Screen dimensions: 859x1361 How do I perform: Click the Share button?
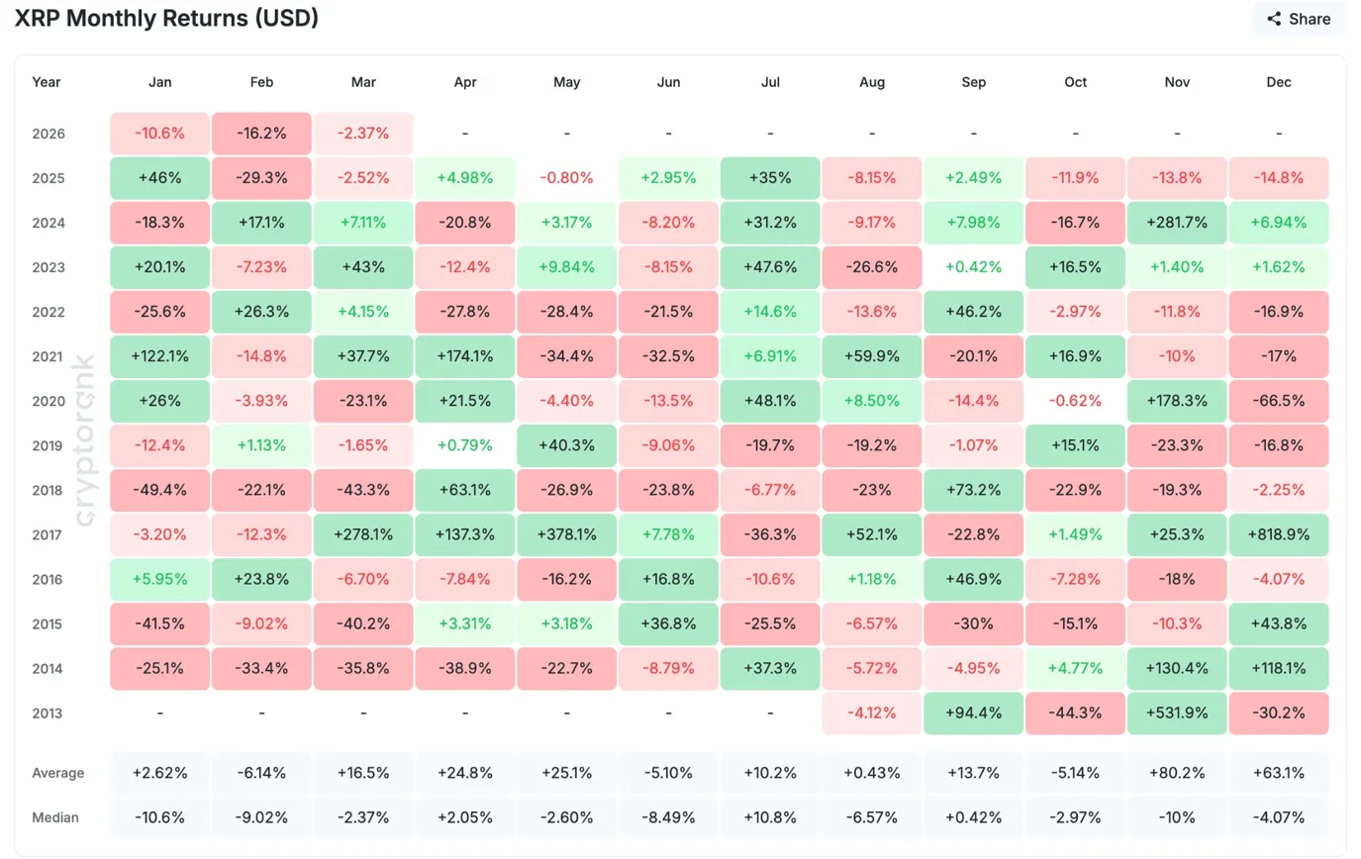tap(1299, 19)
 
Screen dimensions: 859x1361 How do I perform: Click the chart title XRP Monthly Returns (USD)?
tap(166, 18)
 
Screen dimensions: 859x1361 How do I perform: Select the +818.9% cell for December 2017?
tap(1278, 534)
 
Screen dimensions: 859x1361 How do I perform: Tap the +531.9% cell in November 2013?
tap(1177, 713)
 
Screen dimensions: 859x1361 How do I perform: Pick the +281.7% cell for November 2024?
tap(1177, 223)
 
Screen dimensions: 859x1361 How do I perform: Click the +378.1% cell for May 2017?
tap(566, 534)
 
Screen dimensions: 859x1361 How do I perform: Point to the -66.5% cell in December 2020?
tap(1278, 401)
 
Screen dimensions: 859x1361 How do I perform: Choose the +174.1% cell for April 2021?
tap(464, 356)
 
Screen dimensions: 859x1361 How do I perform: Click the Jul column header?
tap(770, 82)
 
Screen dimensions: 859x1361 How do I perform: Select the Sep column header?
tap(973, 82)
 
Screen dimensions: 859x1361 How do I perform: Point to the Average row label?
tap(57, 773)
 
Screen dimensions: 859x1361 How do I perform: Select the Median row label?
tap(55, 817)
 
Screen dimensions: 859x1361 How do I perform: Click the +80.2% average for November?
tap(1177, 773)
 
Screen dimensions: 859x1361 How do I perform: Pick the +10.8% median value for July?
tap(770, 817)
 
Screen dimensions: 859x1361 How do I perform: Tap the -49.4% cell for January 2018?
tap(159, 490)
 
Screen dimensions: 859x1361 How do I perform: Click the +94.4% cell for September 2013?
tap(973, 713)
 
